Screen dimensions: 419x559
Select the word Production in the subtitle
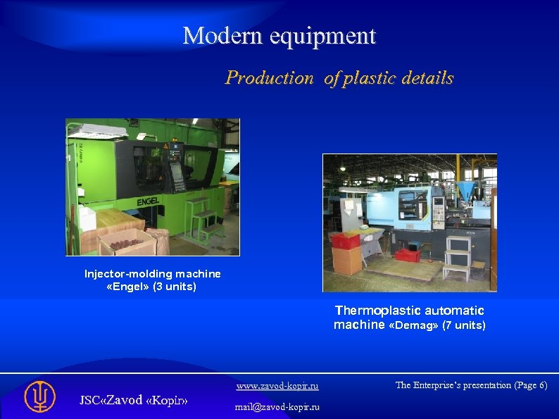click(x=269, y=78)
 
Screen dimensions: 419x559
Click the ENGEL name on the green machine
click(x=148, y=202)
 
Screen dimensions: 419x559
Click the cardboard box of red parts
click(x=127, y=243)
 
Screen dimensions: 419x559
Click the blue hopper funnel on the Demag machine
click(x=464, y=189)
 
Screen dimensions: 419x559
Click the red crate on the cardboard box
click(x=346, y=241)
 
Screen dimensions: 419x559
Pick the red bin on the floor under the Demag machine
click(x=408, y=254)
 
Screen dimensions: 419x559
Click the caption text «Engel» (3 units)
click(x=151, y=287)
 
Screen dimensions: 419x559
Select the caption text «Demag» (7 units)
click(x=436, y=325)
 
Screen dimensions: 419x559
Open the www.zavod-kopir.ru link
click(x=277, y=386)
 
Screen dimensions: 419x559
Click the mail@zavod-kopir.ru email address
click(x=277, y=406)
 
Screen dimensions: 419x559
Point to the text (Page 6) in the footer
click(x=530, y=385)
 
